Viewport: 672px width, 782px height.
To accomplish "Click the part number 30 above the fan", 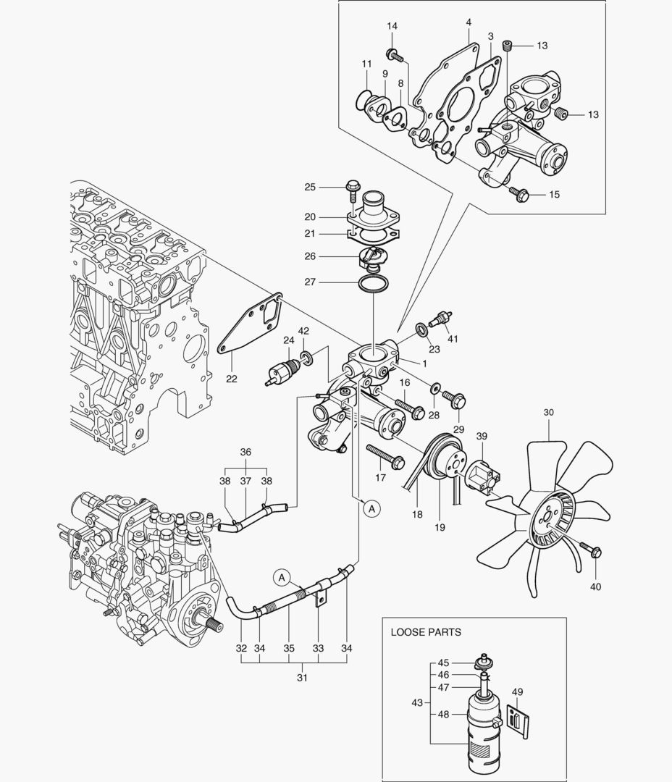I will pyautogui.click(x=548, y=412).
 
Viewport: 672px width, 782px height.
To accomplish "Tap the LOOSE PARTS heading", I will pyautogui.click(x=426, y=632).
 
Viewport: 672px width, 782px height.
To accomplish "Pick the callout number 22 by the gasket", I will pyautogui.click(x=232, y=377).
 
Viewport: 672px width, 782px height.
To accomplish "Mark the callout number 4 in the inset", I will pyautogui.click(x=469, y=22).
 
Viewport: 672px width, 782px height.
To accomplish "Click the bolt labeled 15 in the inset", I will pyautogui.click(x=519, y=193).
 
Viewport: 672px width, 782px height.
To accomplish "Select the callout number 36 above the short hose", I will pyautogui.click(x=245, y=452).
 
